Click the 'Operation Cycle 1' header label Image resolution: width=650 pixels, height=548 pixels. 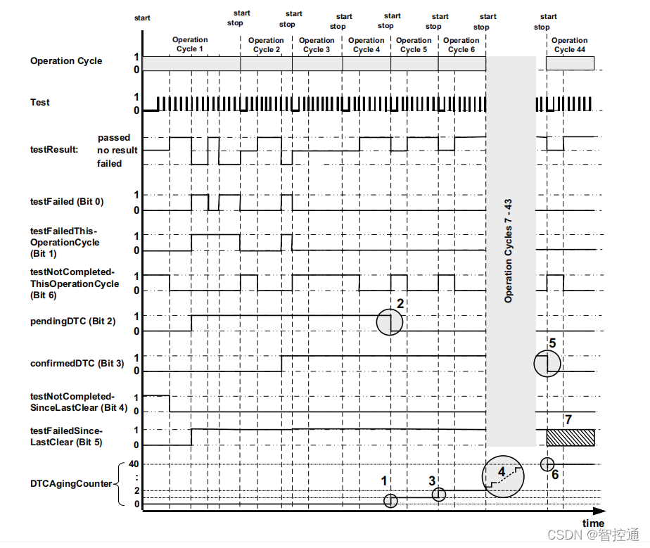190,44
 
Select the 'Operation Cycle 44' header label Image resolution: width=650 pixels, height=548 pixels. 569,45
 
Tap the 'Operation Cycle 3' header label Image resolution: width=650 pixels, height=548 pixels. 317,45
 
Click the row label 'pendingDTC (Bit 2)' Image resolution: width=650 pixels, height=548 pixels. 73,321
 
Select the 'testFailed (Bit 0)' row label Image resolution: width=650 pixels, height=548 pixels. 67,202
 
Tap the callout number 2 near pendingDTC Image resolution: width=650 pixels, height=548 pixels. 400,304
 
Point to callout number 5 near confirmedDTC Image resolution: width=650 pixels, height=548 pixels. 552,344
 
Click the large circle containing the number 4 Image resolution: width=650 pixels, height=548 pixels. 502,476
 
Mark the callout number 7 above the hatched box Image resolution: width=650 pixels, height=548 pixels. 568,420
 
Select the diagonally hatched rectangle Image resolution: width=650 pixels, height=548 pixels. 571,437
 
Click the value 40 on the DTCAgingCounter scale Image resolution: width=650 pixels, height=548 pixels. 134,464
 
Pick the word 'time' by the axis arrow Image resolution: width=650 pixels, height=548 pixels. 593,523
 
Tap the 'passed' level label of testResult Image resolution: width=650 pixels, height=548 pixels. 114,138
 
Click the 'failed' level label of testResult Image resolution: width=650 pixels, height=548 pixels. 109,163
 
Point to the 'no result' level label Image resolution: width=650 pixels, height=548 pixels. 117,151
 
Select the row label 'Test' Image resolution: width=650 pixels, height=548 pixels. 40,103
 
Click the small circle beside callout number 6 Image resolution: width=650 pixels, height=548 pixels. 547,464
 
